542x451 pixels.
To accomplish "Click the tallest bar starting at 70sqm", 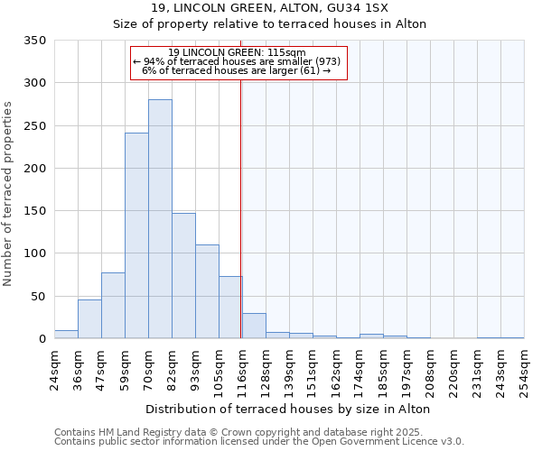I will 160,219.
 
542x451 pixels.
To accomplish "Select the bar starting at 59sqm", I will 136,236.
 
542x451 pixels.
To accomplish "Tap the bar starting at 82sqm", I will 183,276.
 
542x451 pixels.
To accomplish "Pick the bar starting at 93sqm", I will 207,291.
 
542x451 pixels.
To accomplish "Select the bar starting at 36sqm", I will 89,319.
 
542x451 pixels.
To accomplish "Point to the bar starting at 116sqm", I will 254,327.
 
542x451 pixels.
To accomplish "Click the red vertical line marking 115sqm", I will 240,207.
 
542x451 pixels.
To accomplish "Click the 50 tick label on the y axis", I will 38,297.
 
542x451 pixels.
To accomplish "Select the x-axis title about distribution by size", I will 287,409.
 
